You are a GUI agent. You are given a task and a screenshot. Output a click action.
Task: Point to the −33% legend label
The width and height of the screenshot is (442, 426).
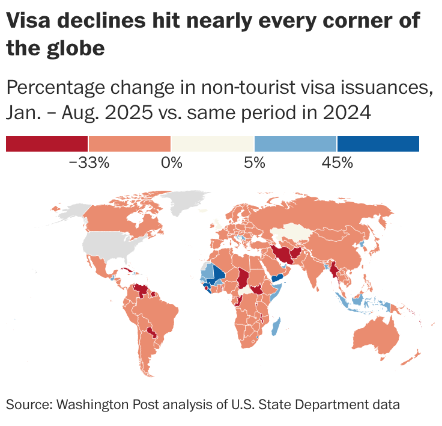(x=89, y=162)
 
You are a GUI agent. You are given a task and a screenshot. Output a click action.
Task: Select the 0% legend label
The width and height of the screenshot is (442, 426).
(x=171, y=162)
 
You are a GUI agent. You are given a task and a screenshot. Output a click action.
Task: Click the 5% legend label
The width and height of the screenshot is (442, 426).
(x=254, y=162)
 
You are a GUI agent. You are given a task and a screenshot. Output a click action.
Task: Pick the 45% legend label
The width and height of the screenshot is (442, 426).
(x=337, y=162)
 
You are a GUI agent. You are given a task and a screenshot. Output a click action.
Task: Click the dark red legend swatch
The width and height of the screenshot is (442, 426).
(x=47, y=144)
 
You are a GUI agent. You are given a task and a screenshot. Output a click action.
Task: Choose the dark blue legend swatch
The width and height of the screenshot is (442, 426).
(x=378, y=144)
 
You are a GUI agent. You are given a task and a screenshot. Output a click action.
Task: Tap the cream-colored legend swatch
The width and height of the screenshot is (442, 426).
(x=213, y=144)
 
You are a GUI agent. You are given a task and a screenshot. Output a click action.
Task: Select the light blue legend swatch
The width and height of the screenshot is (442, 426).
(x=295, y=144)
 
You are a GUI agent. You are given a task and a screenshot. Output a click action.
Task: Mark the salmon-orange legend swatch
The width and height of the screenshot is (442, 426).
(x=130, y=144)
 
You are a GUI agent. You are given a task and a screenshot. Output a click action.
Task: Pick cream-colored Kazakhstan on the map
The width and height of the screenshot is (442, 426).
(x=291, y=234)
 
